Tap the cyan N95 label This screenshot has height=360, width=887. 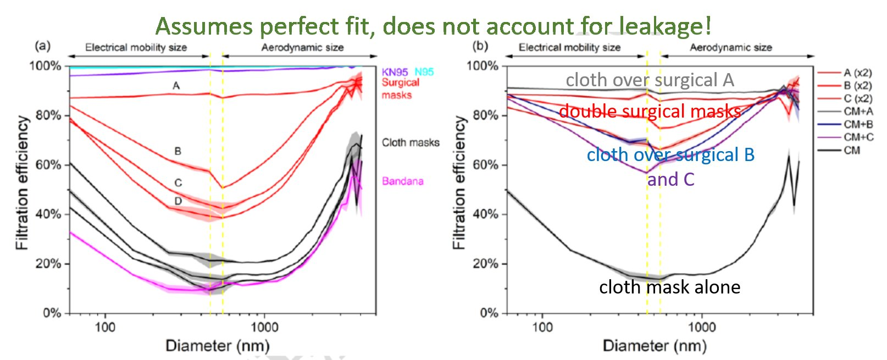tap(424, 72)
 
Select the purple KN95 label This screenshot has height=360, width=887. tap(395, 72)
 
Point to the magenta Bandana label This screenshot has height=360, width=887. tap(403, 181)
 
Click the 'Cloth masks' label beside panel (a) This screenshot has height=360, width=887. tap(411, 142)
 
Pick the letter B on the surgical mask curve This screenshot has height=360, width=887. tap(178, 151)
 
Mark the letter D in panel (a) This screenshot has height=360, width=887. tap(178, 201)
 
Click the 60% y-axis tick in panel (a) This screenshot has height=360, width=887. tap(48, 165)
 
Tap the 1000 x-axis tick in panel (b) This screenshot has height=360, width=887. tap(702, 328)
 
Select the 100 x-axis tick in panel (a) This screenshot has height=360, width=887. tap(105, 328)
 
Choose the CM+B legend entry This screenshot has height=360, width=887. tap(858, 124)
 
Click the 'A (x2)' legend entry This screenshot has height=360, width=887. tap(858, 73)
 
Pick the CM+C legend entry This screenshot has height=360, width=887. tap(858, 137)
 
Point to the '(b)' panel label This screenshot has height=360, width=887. tap(480, 46)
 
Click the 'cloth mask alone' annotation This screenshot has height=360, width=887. tap(669, 287)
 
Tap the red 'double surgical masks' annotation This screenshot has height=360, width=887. tap(650, 111)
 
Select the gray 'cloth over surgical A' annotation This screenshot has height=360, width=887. tap(650, 80)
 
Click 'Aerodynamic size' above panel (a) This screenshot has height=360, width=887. tap(302, 47)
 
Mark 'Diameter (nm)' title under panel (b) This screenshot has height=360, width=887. tap(655, 346)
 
